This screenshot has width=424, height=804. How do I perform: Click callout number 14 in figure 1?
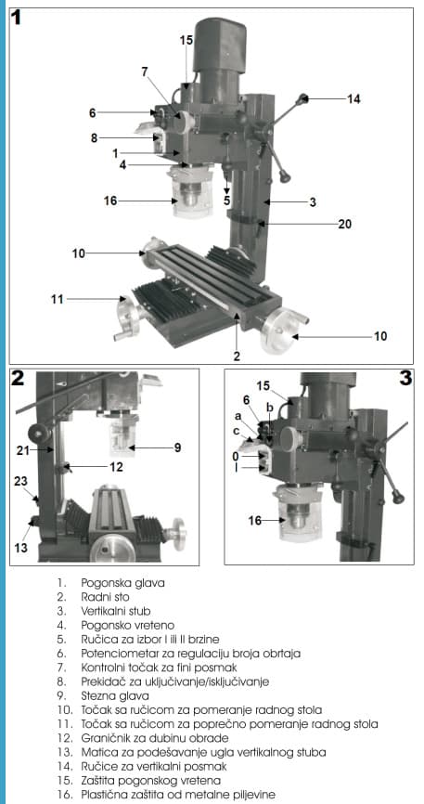[x=353, y=99]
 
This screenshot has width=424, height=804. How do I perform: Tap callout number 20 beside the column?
[x=344, y=224]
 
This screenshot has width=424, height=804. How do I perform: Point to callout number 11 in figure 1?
[x=57, y=299]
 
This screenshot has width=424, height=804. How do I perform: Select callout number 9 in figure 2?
[x=177, y=447]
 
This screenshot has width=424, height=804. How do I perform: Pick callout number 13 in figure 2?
[x=20, y=548]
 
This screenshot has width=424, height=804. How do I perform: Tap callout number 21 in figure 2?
[x=19, y=449]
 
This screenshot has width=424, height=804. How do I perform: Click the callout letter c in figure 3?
[x=237, y=431]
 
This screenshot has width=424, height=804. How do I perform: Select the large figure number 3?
[x=405, y=379]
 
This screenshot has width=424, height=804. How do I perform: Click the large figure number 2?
[x=18, y=379]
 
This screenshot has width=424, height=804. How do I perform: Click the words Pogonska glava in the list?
[x=122, y=583]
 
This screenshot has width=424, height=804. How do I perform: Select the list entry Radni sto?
[x=105, y=597]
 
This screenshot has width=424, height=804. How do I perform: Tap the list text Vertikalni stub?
[x=116, y=611]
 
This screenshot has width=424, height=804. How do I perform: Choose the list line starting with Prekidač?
[x=174, y=682]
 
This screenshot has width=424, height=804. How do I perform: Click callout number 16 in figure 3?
[x=254, y=521]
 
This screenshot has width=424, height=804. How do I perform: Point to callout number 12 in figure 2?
[x=116, y=467]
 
